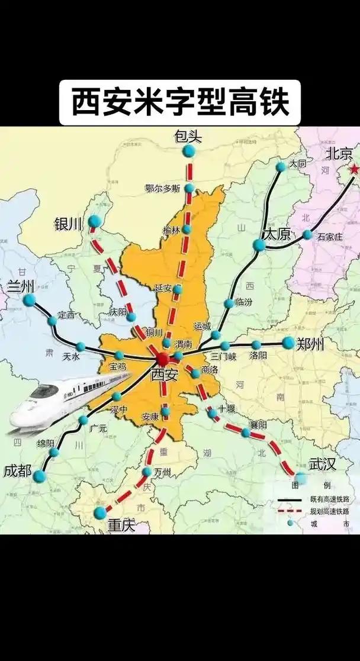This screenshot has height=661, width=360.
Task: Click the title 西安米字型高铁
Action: tap(180, 102)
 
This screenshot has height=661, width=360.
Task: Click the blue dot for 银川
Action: tap(94, 221)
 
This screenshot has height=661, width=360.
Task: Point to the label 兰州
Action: tap(21, 286)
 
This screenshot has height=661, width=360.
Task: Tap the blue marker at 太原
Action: tap(259, 245)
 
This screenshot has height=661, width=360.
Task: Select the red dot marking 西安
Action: tap(163, 359)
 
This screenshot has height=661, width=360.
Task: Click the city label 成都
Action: tap(17, 471)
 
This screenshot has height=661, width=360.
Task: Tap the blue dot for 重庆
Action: tap(100, 512)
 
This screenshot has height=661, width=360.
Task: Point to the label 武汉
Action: tap(323, 463)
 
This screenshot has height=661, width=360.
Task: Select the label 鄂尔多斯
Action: tap(162, 189)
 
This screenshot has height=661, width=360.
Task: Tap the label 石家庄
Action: tap(330, 237)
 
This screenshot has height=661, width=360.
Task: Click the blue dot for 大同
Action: tap(281, 167)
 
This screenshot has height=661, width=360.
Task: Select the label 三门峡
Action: tap(224, 357)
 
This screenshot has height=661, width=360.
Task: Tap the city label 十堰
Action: tap(227, 408)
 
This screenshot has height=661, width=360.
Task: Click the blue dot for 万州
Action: tap(147, 472)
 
